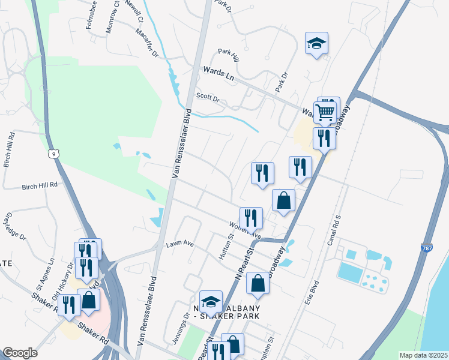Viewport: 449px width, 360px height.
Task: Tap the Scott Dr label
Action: click(208, 97)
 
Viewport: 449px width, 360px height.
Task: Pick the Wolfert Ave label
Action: click(249, 234)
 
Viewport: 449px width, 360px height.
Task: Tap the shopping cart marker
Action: click(325, 111)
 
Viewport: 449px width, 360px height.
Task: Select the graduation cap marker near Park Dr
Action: click(316, 43)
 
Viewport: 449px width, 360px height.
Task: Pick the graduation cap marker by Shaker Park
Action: click(211, 301)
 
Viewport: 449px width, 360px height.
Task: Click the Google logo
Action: click(20, 353)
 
